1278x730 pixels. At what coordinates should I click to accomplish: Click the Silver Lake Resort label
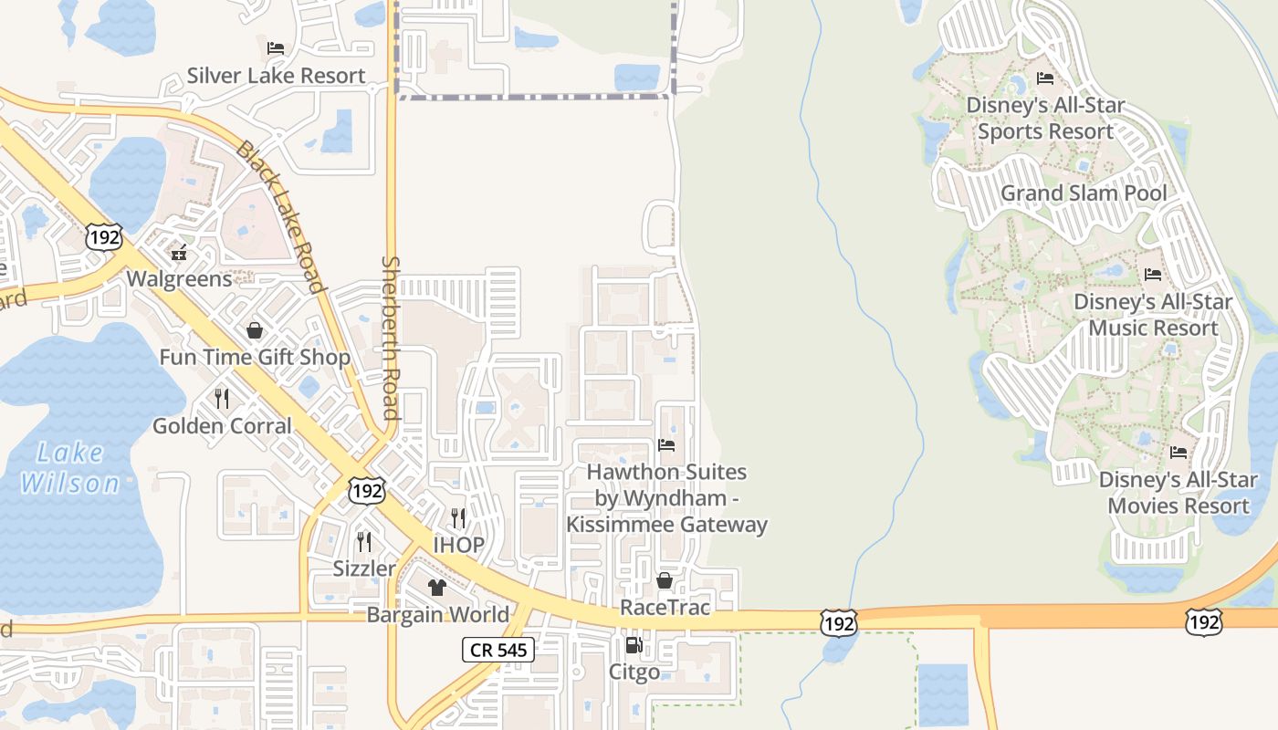point(276,76)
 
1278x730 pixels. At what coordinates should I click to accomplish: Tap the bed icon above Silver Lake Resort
point(276,48)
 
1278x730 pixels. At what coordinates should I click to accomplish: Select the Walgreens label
point(179,278)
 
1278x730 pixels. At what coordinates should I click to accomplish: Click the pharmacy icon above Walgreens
point(179,252)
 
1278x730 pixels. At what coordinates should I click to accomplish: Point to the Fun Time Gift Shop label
point(255,357)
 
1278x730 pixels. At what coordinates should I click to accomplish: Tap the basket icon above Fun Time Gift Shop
point(255,330)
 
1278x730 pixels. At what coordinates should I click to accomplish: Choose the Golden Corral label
point(222,425)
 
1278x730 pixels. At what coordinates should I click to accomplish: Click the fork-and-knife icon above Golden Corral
point(222,399)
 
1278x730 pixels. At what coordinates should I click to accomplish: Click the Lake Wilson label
point(70,466)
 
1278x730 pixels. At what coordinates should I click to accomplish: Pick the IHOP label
point(458,545)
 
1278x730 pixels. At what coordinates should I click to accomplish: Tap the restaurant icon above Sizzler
point(364,542)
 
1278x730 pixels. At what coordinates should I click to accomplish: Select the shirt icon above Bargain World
point(437,588)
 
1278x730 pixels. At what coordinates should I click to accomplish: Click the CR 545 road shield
point(498,650)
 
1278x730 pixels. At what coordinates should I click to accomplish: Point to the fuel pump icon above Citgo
point(634,646)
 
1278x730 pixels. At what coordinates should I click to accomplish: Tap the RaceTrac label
point(665,607)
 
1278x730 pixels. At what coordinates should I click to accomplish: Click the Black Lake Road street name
point(280,217)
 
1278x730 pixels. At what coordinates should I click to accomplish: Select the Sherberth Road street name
point(391,338)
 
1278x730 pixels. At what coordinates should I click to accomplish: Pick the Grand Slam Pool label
point(1084,193)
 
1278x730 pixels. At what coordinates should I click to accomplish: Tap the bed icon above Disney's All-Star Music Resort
point(1153,274)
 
